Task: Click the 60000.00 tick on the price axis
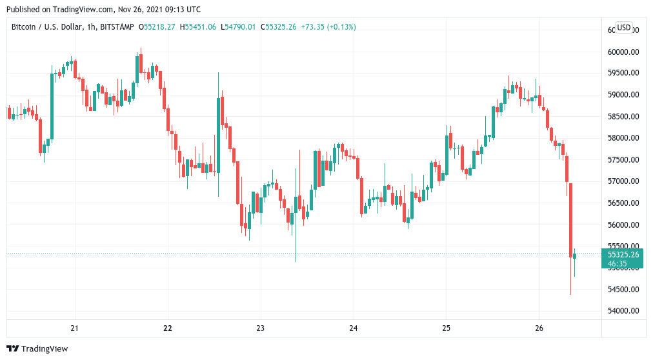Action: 623,52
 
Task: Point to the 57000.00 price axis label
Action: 623,181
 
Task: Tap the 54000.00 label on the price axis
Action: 623,311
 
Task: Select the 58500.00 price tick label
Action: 623,117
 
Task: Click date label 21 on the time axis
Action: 75,328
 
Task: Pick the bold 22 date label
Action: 168,328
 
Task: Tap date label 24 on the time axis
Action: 354,328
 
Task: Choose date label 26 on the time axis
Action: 539,328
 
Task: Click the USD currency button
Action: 624,27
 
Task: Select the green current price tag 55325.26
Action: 623,254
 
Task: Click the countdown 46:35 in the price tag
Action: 618,263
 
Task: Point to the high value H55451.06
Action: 199,26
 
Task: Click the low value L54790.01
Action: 238,26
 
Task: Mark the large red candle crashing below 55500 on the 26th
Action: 570,219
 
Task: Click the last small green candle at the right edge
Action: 575,256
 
